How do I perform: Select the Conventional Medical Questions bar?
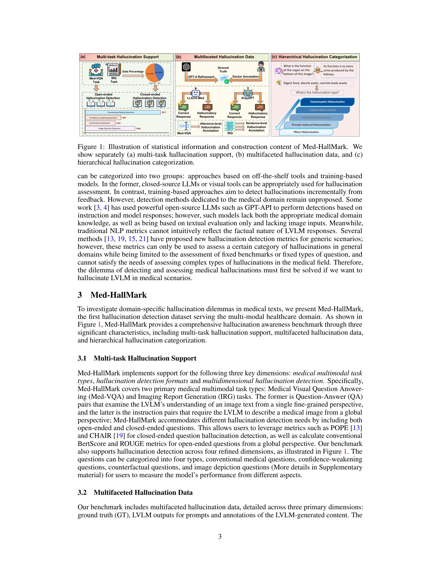click(x=122, y=112)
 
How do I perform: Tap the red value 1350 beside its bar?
click(x=123, y=118)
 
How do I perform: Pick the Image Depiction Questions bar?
click(x=110, y=129)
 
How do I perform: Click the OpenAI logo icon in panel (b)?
click(x=186, y=67)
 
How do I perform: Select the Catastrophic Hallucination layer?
click(x=327, y=102)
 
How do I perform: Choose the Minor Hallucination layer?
click(x=306, y=132)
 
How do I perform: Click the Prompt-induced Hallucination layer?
click(x=311, y=125)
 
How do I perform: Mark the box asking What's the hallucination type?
click(x=317, y=93)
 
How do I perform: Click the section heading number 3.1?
click(x=82, y=358)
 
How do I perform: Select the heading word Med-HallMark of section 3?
click(x=118, y=295)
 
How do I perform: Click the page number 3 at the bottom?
click(x=220, y=536)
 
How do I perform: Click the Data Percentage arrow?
click(x=133, y=76)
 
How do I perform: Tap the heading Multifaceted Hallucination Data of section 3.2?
click(x=143, y=492)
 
